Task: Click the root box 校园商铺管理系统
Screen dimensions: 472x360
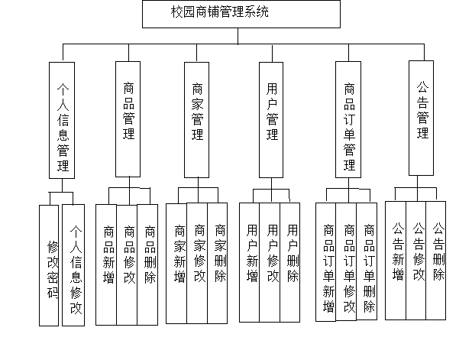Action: (x=241, y=15)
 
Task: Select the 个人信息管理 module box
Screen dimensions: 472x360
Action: (x=62, y=120)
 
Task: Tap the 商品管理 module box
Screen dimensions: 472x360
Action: (x=128, y=119)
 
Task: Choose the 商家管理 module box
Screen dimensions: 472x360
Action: (x=196, y=120)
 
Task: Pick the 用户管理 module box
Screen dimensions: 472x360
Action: (x=271, y=120)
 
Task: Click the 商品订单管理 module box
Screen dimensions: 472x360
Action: (x=348, y=119)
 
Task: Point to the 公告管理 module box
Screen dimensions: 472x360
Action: (x=421, y=118)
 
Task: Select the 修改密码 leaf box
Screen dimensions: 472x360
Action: (x=49, y=265)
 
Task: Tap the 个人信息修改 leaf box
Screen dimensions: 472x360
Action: (x=73, y=265)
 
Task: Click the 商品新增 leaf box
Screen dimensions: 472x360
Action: (x=106, y=264)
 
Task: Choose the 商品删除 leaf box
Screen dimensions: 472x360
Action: (x=147, y=264)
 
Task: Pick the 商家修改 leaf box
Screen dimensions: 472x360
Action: (x=197, y=263)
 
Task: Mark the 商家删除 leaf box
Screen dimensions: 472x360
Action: (x=218, y=263)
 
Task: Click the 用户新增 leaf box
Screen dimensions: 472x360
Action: (x=249, y=262)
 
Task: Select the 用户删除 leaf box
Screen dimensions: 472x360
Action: (x=290, y=262)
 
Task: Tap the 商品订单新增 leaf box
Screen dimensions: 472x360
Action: (x=325, y=262)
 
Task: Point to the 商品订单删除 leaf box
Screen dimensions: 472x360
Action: (x=367, y=261)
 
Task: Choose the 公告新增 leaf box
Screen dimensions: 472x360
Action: (x=396, y=261)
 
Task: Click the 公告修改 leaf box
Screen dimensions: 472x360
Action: (x=416, y=261)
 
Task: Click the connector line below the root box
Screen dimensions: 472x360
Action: (x=238, y=36)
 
